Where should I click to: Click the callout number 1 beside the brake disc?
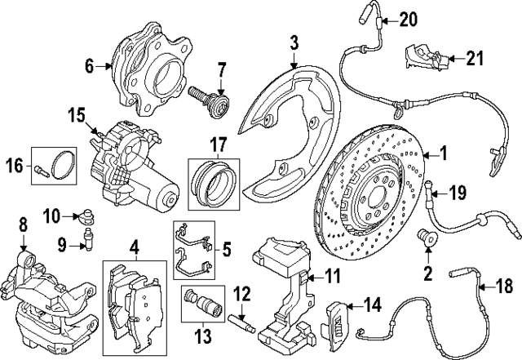pos(444,152)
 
